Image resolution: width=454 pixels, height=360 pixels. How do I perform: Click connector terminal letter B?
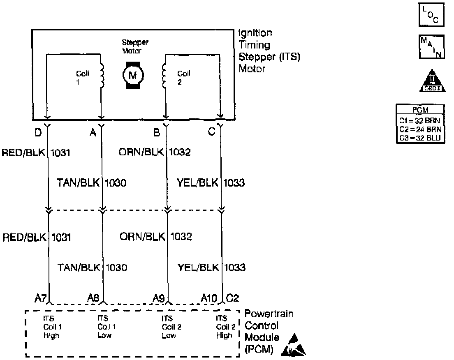[156, 133]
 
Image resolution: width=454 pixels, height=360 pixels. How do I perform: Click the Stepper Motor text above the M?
[135, 46]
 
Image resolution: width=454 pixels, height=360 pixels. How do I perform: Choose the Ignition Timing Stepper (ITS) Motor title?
[269, 51]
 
